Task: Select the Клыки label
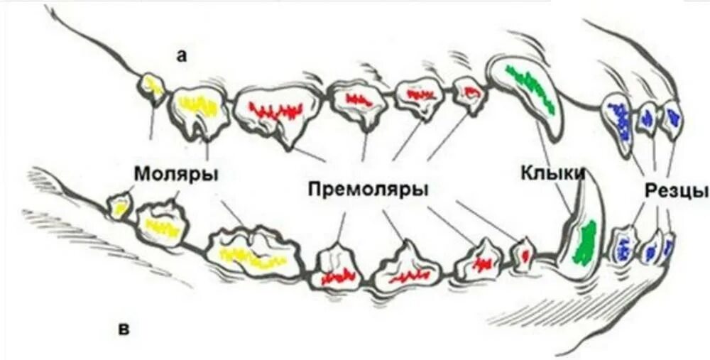tap(552, 173)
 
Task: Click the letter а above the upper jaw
tap(182, 58)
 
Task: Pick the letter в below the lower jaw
tap(124, 329)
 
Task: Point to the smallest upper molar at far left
tap(152, 87)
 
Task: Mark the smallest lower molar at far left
tap(119, 205)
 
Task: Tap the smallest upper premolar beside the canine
tap(469, 92)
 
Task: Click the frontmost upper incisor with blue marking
tap(671, 116)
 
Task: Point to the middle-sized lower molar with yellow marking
tap(160, 223)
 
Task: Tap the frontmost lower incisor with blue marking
tap(667, 244)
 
